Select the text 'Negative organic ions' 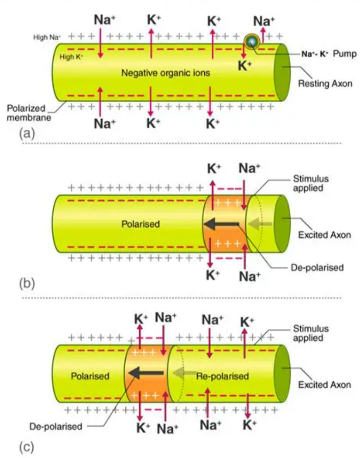point(165,72)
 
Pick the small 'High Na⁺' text point(46,37)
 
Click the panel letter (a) point(26,133)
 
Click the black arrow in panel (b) point(221,224)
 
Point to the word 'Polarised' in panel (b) point(140,224)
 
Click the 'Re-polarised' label point(222,376)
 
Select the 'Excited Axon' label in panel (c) point(324,385)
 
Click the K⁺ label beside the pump point(244,66)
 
